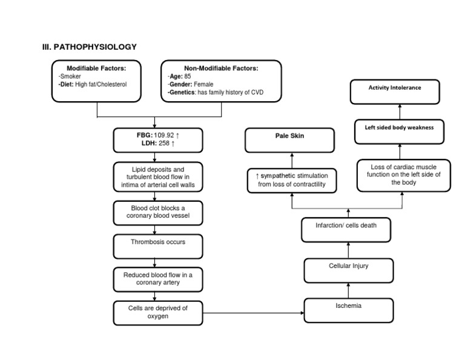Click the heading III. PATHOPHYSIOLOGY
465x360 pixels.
(90, 47)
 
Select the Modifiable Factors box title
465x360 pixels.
(96, 68)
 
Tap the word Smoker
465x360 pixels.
(71, 76)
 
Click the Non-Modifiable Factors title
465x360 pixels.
(221, 68)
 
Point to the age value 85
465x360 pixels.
(187, 76)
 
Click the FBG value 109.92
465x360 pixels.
(165, 135)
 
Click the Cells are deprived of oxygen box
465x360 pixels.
(158, 312)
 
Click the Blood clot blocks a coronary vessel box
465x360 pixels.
(158, 212)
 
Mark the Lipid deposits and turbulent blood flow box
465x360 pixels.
(158, 177)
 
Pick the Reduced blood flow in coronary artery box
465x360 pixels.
(158, 279)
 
